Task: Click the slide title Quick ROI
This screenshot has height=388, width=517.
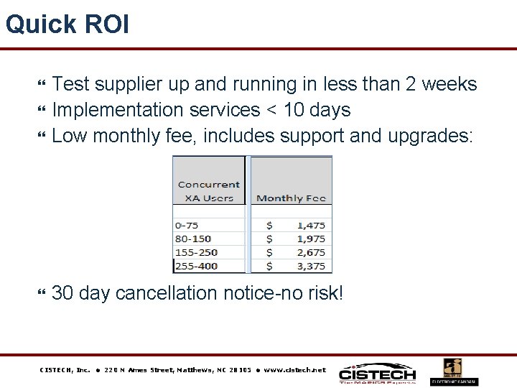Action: coord(67,24)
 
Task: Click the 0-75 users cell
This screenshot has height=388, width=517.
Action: coord(187,226)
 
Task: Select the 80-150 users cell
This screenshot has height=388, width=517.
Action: coord(193,239)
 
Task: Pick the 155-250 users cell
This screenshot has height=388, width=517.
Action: coord(196,253)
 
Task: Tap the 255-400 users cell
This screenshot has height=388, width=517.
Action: coord(196,267)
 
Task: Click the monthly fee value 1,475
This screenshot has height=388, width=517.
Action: coord(310,226)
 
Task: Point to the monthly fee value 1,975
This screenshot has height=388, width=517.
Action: coord(310,239)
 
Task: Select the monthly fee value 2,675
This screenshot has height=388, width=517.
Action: coord(310,253)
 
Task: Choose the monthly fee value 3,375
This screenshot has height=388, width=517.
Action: coord(310,267)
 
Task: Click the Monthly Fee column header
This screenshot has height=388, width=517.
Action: coord(291,198)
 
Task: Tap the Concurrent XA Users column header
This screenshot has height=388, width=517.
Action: coord(208,191)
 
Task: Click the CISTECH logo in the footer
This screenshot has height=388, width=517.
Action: coord(377,374)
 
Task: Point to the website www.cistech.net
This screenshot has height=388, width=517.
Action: coord(294,370)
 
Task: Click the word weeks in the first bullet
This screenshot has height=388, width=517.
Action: coord(449,84)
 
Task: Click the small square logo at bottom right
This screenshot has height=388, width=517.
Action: coord(452,371)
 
